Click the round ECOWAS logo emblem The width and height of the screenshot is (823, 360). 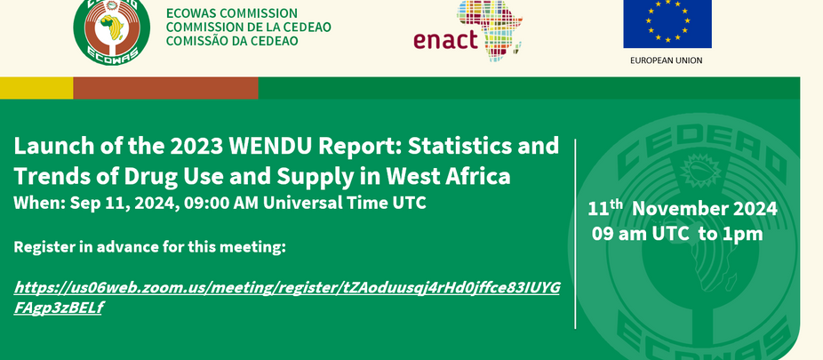pos(108,32)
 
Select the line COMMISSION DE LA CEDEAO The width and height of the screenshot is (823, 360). pos(248,28)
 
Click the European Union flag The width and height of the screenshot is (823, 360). pos(667,23)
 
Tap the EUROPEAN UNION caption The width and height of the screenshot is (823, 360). pos(666,60)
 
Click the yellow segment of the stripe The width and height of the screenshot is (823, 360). pos(36,88)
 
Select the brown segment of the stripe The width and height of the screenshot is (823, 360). pos(165,88)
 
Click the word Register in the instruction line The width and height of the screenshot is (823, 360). pos(44,246)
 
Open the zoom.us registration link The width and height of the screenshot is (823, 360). pos(286,288)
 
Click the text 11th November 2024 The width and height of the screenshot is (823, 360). pos(682,210)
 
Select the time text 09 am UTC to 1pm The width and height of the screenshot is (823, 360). pos(677,234)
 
